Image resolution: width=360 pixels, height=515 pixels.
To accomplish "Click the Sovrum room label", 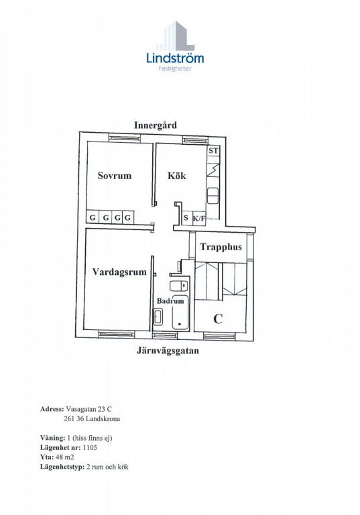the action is [x=115, y=176].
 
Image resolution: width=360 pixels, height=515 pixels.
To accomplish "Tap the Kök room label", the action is [x=177, y=176].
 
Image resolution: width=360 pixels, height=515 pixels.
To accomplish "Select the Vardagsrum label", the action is [x=119, y=272].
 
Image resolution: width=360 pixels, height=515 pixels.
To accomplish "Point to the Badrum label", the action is [x=170, y=301].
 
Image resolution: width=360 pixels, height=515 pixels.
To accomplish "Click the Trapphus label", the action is [x=221, y=247].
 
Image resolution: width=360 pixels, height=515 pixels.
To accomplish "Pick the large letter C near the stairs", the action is [x=218, y=319].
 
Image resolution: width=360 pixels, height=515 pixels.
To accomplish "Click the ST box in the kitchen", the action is [x=213, y=151].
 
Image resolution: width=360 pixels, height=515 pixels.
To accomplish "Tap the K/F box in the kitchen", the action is [x=198, y=219].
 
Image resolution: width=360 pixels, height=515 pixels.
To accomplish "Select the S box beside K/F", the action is [x=186, y=218].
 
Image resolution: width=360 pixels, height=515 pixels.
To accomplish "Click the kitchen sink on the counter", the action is [x=213, y=196].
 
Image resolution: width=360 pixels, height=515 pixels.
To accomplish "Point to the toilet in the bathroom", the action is [x=179, y=286].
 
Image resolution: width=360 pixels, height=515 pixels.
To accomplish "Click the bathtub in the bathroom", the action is [x=180, y=312].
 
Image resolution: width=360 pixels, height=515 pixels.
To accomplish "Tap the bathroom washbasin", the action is [x=158, y=317].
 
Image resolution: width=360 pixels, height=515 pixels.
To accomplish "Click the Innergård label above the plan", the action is [x=156, y=125].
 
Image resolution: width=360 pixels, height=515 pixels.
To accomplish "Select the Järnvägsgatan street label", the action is [x=168, y=351].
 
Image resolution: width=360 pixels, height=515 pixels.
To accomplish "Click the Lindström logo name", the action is [x=175, y=58].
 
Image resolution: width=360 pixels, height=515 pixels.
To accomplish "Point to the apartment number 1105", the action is [x=90, y=447].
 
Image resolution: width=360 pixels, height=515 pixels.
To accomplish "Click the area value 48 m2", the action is [x=65, y=457].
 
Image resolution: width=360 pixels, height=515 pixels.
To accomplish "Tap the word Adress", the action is [x=52, y=409].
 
